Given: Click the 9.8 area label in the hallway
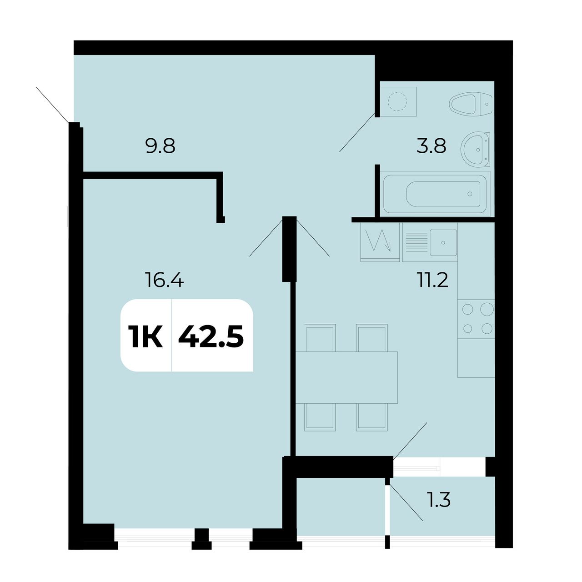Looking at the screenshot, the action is click(160, 146).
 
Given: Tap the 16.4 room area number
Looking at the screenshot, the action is click(164, 280).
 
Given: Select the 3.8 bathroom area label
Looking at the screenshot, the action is click(431, 146).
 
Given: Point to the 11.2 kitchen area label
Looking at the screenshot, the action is click(432, 280).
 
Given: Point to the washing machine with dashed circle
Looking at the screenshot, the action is click(398, 101).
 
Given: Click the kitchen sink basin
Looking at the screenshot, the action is click(443, 242).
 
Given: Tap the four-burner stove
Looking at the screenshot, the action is click(476, 319).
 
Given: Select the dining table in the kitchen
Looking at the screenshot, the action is click(346, 377).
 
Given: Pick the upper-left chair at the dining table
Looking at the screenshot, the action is click(321, 338).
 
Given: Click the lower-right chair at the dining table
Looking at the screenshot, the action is click(372, 417).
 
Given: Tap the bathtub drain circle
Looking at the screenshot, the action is click(470, 194).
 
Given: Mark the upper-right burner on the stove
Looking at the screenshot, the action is click(487, 309).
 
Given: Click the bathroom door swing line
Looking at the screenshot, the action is click(357, 132).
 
